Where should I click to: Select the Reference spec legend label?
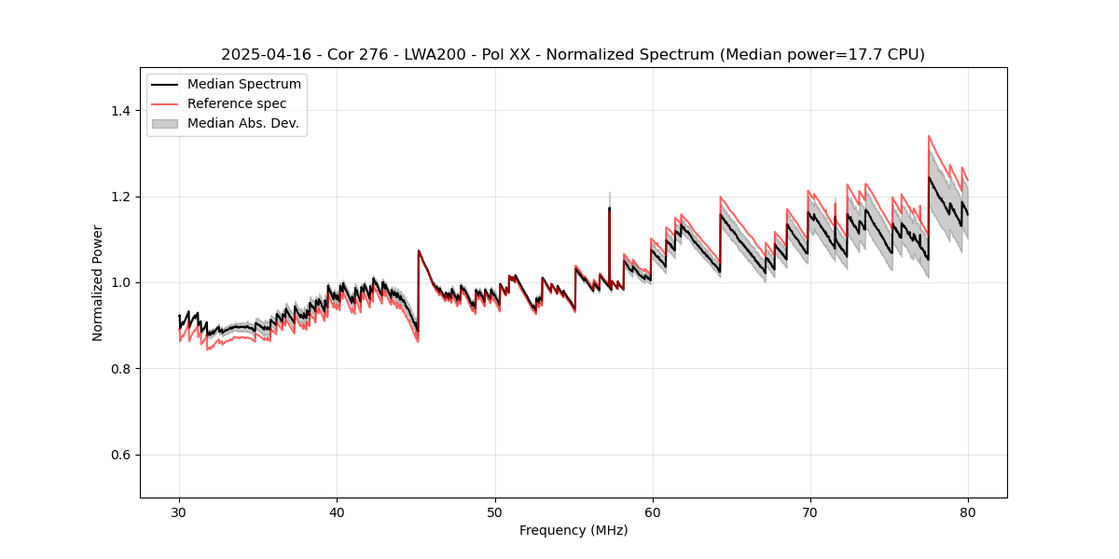(x=237, y=103)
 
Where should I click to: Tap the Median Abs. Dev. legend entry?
(x=242, y=123)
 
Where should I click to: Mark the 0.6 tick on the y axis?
(x=121, y=455)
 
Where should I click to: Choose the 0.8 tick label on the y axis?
(x=121, y=369)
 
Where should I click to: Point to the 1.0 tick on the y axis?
(x=121, y=282)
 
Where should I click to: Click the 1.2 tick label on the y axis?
(x=121, y=197)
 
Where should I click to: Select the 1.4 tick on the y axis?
(x=121, y=111)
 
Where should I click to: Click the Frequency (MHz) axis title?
(x=573, y=530)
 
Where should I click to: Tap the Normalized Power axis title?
(x=98, y=282)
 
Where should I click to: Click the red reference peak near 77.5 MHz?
(x=929, y=136)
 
